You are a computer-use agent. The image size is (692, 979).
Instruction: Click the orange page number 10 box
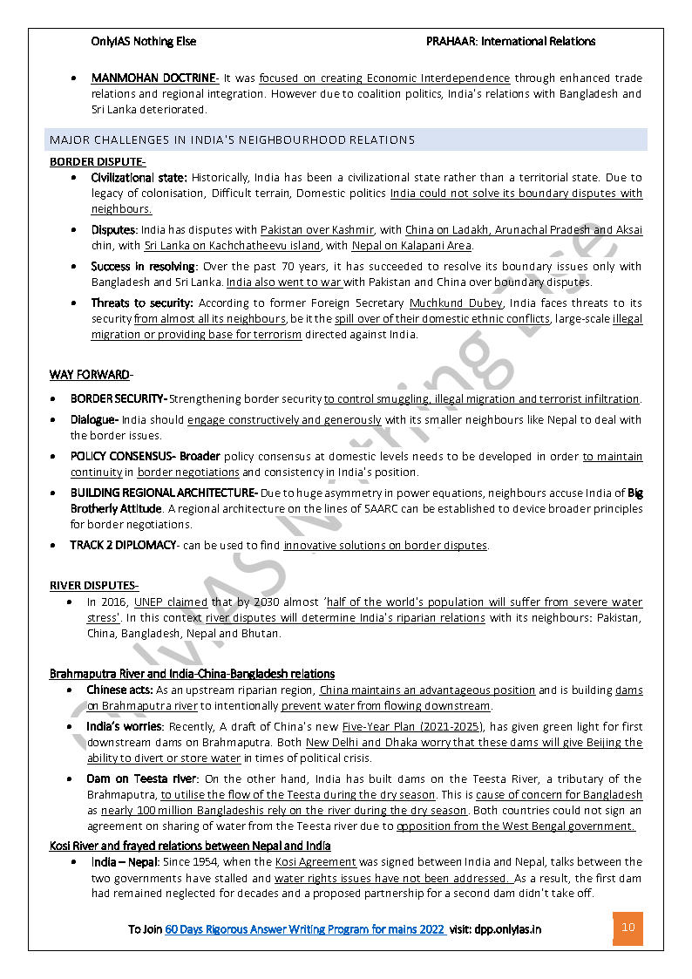point(628,928)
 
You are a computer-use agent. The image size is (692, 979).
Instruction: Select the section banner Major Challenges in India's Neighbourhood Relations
point(233,139)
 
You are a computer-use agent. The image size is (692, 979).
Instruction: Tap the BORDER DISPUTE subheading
point(98,161)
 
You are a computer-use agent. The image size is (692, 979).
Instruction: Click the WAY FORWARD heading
point(90,375)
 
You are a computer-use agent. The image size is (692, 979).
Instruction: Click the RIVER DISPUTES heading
point(94,585)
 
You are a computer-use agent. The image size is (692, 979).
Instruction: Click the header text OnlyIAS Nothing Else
point(144,41)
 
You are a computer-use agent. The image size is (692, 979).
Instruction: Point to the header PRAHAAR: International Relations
point(511,41)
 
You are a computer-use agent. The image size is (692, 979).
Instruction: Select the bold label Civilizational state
point(139,178)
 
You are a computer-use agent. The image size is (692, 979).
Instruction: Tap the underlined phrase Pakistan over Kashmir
point(317,230)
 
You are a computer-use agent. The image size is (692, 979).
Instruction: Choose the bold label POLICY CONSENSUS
point(123,457)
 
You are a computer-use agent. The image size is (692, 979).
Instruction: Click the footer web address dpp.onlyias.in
point(507,929)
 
